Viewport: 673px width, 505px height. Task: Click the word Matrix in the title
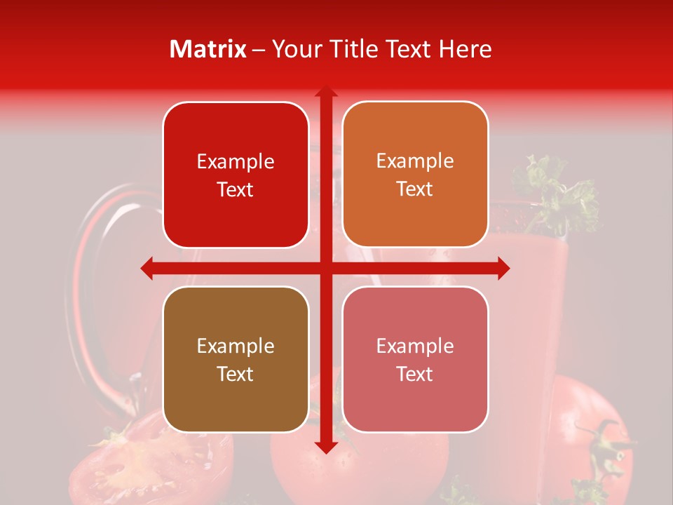coord(208,49)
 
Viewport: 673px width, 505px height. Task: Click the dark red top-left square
coord(236,175)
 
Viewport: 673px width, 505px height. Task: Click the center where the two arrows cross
coord(325,268)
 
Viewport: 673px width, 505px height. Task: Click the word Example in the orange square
coord(415,161)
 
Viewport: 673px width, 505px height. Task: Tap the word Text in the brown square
coord(236,374)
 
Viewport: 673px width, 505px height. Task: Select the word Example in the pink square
coord(415,346)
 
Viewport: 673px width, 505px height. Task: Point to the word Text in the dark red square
coord(236,189)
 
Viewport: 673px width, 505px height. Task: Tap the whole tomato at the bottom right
coord(589,435)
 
